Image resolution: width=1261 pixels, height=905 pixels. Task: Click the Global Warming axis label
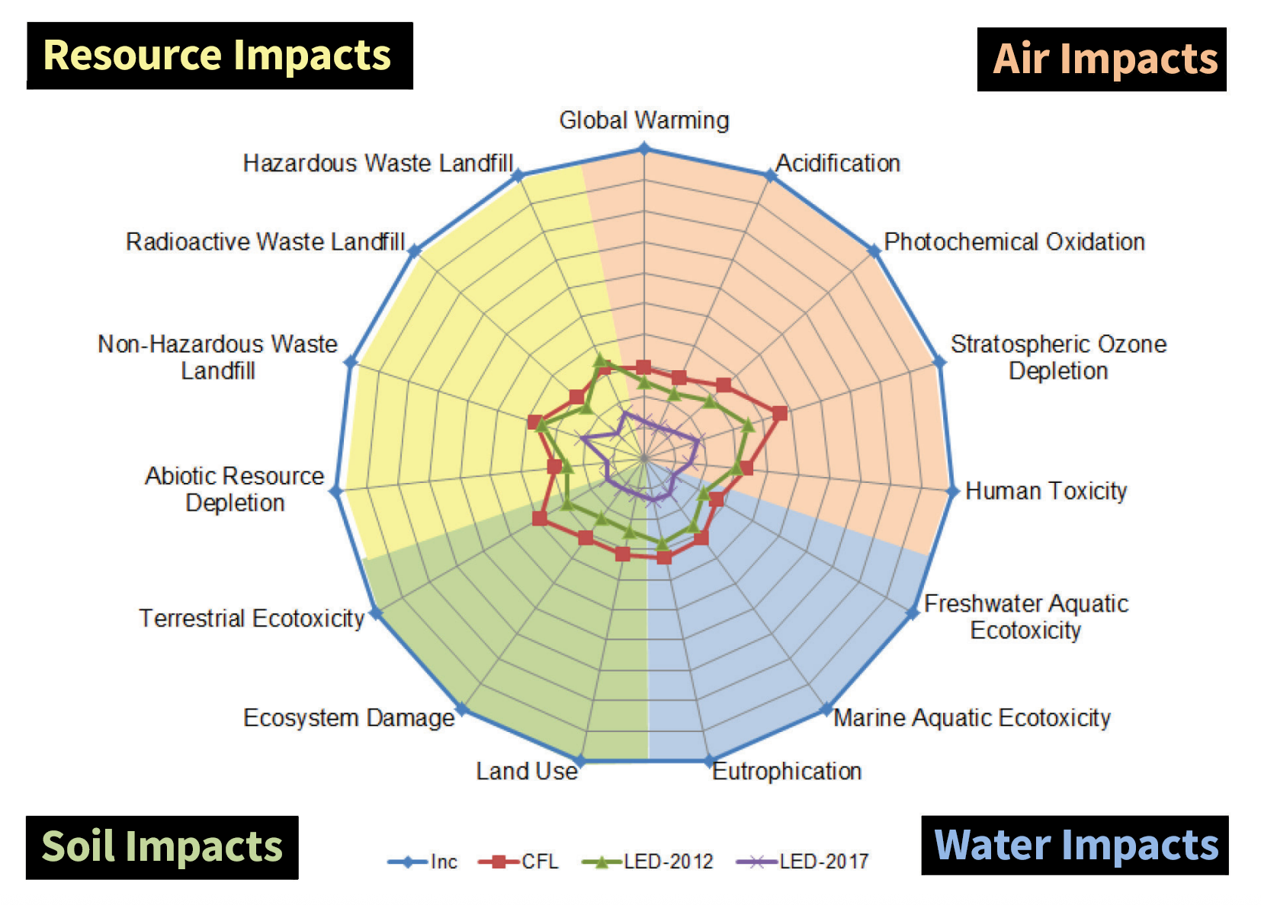(x=644, y=120)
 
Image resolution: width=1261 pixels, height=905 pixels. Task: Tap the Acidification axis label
(x=838, y=163)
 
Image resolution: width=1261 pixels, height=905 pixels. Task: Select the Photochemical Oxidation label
(x=1014, y=241)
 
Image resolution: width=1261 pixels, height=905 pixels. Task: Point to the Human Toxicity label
(x=1046, y=491)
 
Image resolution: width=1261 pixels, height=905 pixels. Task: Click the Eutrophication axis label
(x=787, y=771)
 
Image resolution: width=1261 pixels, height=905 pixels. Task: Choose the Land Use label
(x=527, y=771)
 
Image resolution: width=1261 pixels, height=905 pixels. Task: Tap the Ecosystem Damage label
(x=348, y=718)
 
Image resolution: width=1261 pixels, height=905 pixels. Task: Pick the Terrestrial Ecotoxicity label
(x=252, y=618)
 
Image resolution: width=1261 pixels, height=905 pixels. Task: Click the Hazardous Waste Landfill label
(x=378, y=163)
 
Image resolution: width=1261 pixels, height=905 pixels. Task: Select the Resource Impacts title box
(x=220, y=56)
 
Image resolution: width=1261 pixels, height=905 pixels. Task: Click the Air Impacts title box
(x=1102, y=59)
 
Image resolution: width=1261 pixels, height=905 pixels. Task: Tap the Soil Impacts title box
(x=162, y=847)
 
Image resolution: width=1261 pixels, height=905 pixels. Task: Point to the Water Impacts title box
(x=1075, y=846)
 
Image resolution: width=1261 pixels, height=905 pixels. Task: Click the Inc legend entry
(x=424, y=862)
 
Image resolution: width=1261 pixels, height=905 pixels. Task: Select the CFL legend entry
(x=519, y=862)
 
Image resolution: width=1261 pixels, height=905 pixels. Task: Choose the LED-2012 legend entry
(x=648, y=862)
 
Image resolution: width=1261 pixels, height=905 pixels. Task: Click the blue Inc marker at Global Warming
(x=644, y=149)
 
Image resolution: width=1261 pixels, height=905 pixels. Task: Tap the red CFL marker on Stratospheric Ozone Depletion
(x=779, y=414)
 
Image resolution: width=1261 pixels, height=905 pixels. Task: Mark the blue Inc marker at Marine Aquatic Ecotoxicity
(x=826, y=709)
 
